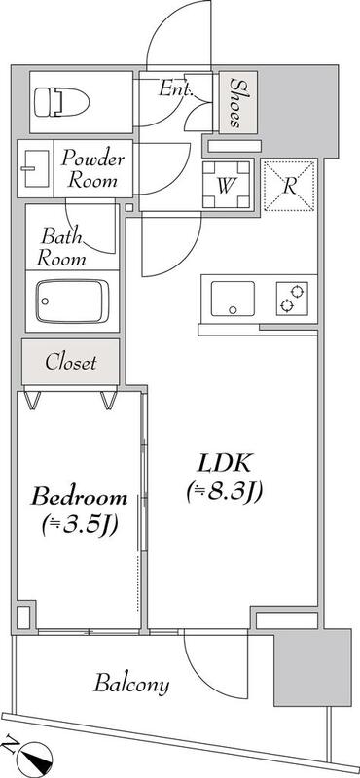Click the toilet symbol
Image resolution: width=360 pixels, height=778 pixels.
pos(58,100)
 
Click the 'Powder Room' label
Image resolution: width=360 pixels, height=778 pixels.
pos(92,167)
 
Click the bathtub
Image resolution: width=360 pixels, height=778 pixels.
pos(73,301)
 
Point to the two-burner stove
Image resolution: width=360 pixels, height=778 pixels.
pos(288,297)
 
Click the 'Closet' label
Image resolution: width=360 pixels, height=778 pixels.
pos(71,363)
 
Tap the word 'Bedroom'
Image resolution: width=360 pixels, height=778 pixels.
pos(81,497)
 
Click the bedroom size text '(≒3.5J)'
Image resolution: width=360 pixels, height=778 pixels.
pos(80,526)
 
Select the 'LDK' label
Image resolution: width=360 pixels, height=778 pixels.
pos(226,461)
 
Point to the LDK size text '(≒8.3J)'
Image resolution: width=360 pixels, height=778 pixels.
pos(225,492)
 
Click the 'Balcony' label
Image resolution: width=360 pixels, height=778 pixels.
pos(131,684)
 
